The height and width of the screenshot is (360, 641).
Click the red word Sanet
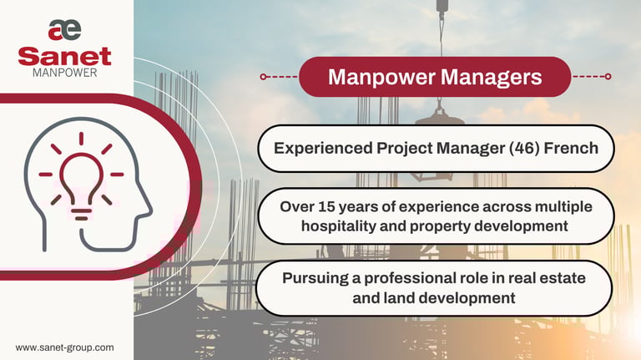tap(64, 56)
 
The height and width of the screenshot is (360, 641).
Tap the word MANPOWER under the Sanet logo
tap(64, 74)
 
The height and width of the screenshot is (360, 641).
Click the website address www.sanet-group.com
tap(64, 347)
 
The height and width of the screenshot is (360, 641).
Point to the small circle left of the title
tap(263, 77)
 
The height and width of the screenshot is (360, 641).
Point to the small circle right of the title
tap(608, 77)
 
